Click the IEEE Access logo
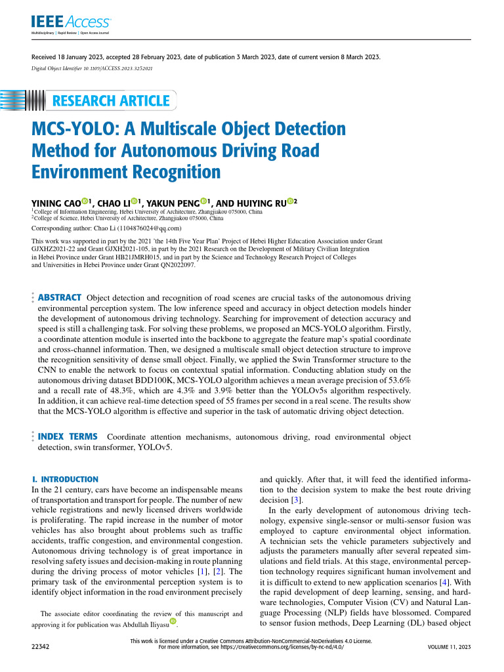[x=62, y=22]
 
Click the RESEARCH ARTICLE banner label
[x=110, y=100]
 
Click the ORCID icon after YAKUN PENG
[x=204, y=201]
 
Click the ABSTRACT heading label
[x=60, y=297]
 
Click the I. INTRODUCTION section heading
[x=65, y=480]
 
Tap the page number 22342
[x=41, y=647]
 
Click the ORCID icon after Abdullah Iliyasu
[x=173, y=620]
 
